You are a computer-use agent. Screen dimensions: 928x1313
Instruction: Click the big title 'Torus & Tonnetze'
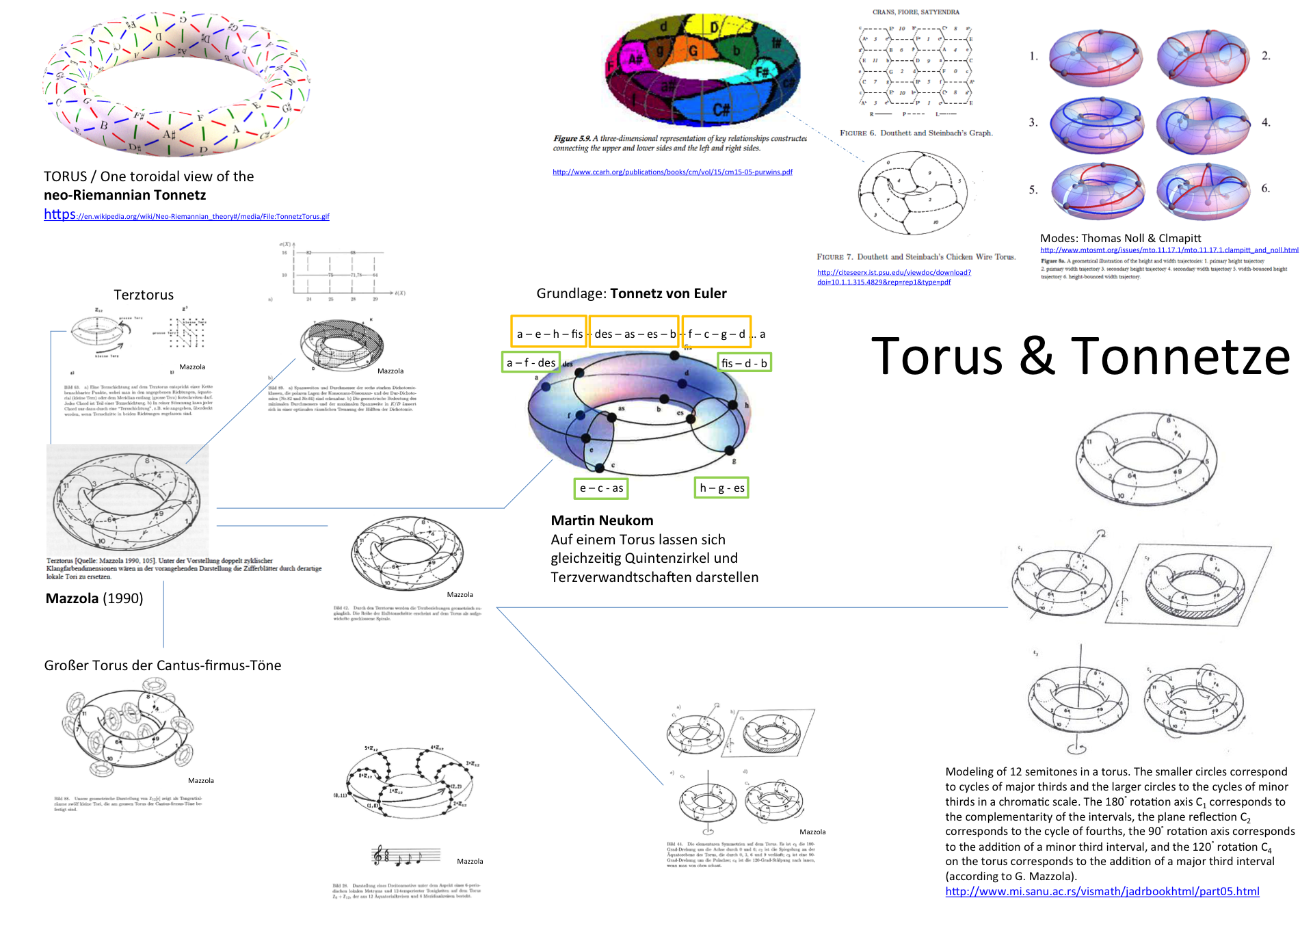[1080, 356]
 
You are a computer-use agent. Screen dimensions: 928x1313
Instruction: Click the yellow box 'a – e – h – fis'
[549, 333]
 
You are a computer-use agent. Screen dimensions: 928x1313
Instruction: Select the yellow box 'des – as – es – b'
[634, 333]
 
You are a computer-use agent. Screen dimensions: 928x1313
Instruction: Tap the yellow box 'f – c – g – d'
[716, 333]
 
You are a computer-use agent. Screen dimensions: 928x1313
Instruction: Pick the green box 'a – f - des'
[531, 362]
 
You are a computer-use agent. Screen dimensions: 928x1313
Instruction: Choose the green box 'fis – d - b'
[744, 362]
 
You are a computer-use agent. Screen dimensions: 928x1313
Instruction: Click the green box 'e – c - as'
[601, 488]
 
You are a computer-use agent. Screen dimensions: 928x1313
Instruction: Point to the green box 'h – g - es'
[721, 488]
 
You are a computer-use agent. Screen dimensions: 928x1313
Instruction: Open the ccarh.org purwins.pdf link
[672, 172]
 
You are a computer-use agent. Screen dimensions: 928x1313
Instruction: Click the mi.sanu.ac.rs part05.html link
[1102, 891]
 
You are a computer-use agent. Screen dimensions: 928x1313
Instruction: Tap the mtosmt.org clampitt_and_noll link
[1169, 250]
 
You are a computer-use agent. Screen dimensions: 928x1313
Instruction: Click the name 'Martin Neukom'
[602, 520]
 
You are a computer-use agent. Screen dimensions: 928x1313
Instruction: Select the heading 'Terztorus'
[144, 295]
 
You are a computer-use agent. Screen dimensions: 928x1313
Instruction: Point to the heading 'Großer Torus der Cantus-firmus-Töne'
[163, 665]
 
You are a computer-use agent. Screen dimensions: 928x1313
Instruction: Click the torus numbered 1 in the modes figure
[1095, 57]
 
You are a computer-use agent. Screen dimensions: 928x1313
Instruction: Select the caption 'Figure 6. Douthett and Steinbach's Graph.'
[916, 133]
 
